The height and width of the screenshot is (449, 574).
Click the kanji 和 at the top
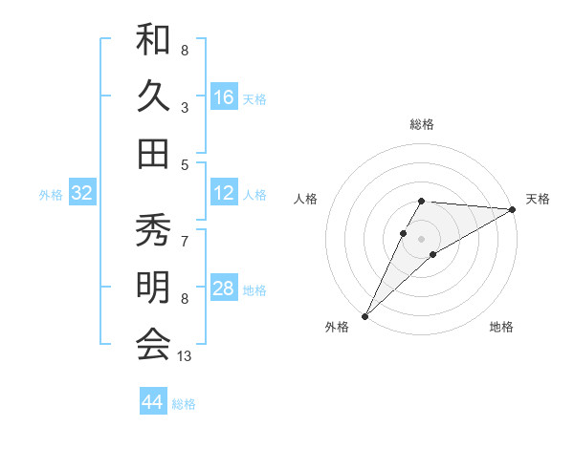click(x=153, y=40)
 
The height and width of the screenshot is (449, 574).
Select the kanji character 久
click(x=153, y=96)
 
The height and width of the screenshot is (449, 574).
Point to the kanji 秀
click(x=153, y=232)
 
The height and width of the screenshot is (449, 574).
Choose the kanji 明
click(x=153, y=288)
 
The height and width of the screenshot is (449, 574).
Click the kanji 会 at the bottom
click(x=153, y=344)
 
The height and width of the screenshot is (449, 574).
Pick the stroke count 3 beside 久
click(x=185, y=107)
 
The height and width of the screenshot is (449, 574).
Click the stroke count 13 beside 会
click(x=185, y=356)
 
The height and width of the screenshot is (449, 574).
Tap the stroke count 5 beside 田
click(x=185, y=164)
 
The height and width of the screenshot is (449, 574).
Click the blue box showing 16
click(x=224, y=97)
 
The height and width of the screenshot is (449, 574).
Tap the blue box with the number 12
click(x=224, y=193)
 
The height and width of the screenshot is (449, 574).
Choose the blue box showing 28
click(x=224, y=289)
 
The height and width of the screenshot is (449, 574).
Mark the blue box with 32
click(x=82, y=193)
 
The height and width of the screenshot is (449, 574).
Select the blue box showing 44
click(x=153, y=402)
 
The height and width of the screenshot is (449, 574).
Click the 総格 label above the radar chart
click(x=422, y=124)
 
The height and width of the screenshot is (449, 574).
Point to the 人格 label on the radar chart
click(x=306, y=198)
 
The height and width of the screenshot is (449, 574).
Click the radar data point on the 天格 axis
click(x=513, y=209)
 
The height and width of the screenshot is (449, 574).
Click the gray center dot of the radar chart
click(x=422, y=238)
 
